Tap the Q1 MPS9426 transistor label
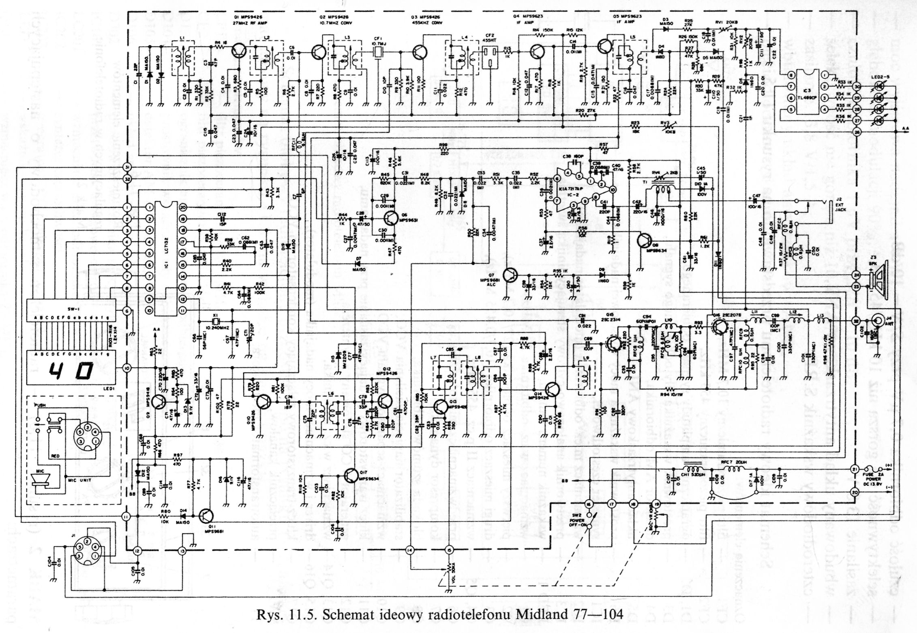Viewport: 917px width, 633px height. click(x=246, y=17)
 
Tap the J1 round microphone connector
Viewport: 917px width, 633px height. click(x=87, y=552)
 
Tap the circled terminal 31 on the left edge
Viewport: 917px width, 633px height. click(x=127, y=167)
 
